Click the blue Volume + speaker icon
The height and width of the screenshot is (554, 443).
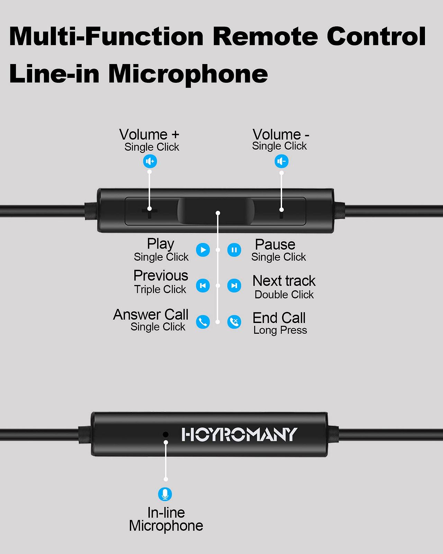150,161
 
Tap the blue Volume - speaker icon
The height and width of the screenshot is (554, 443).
281,161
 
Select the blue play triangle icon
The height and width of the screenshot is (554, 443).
203,250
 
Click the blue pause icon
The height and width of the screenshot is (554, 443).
234,250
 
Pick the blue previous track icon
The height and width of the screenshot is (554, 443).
203,286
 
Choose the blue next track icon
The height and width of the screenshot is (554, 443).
234,286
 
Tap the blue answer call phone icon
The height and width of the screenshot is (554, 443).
203,322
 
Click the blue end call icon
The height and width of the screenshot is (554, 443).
234,322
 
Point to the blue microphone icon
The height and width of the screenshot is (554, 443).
165,494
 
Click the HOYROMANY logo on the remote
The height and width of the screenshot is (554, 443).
239,435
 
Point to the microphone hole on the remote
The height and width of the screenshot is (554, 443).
166,434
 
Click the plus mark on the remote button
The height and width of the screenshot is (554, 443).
150,212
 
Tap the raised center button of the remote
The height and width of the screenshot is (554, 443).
216,211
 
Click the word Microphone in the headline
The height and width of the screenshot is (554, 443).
188,74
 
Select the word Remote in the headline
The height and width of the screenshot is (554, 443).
265,36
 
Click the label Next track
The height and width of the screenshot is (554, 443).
284,281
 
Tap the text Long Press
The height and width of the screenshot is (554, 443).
280,330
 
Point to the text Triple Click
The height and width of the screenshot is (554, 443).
160,289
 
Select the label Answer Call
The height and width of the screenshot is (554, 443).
151,315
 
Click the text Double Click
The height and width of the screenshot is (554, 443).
284,295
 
